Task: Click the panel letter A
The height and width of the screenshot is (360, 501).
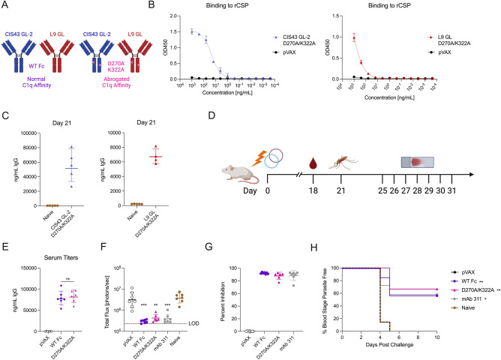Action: pyautogui.click(x=5, y=6)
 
